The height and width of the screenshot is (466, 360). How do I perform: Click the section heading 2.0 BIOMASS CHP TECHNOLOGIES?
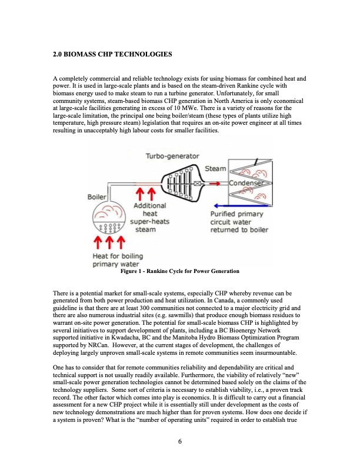[112, 55]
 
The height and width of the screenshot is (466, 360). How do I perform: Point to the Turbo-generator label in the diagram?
[172, 156]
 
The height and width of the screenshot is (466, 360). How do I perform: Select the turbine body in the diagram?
[179, 183]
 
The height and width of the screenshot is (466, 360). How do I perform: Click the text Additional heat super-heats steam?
[149, 218]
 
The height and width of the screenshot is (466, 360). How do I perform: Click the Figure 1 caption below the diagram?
[179, 271]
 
